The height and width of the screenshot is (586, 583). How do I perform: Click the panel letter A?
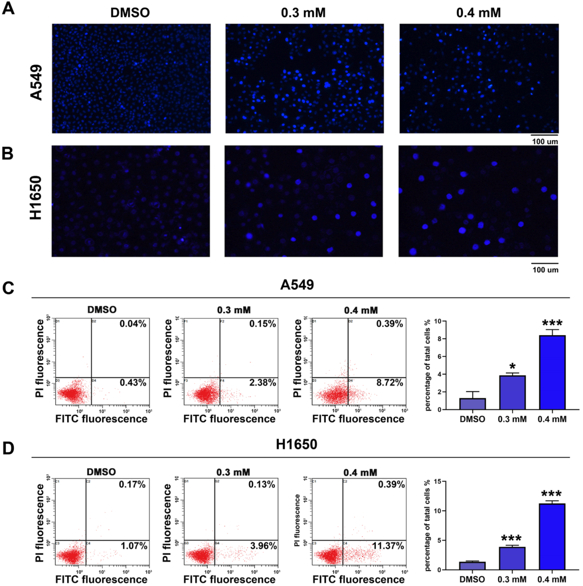coord(8,8)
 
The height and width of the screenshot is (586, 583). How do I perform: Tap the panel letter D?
coord(8,448)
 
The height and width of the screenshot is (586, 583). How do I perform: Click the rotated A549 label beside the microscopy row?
coord(36,82)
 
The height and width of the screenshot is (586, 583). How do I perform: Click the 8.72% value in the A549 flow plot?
coord(390,383)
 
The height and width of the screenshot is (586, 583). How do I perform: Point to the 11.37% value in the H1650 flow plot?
coord(388,546)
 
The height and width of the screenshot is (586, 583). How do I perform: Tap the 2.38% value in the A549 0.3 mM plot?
coord(262,383)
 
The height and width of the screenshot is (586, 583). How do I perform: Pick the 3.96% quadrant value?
coord(263,546)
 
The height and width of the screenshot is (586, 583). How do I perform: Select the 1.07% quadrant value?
coord(134,546)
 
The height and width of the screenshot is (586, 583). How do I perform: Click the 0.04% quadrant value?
coord(133,324)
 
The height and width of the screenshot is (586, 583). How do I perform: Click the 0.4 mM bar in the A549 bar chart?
coord(552,372)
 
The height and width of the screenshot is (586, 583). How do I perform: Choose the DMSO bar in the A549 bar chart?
coord(472,404)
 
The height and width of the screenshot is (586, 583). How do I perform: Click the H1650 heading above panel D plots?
coord(296,445)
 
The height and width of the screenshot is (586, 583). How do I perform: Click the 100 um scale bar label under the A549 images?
coord(545,141)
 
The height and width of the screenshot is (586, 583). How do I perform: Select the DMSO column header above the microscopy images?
coord(130,12)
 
